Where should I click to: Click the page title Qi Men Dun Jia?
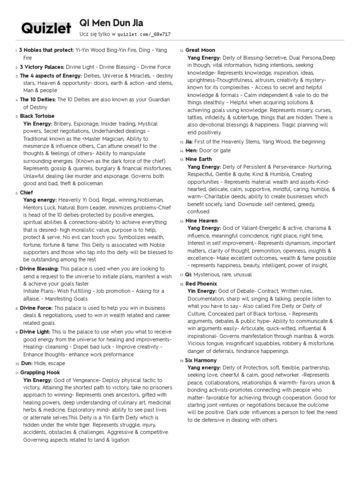point(112,23)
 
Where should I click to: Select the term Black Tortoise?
point(37,116)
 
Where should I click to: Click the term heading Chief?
point(26,193)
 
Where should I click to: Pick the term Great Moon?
point(200,50)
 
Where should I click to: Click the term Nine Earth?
point(198,159)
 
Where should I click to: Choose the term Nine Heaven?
point(201,220)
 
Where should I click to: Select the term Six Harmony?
point(201,360)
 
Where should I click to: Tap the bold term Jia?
point(189,142)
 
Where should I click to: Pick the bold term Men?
point(192,150)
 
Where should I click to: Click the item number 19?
point(181,361)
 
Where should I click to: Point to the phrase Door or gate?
point(215,150)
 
